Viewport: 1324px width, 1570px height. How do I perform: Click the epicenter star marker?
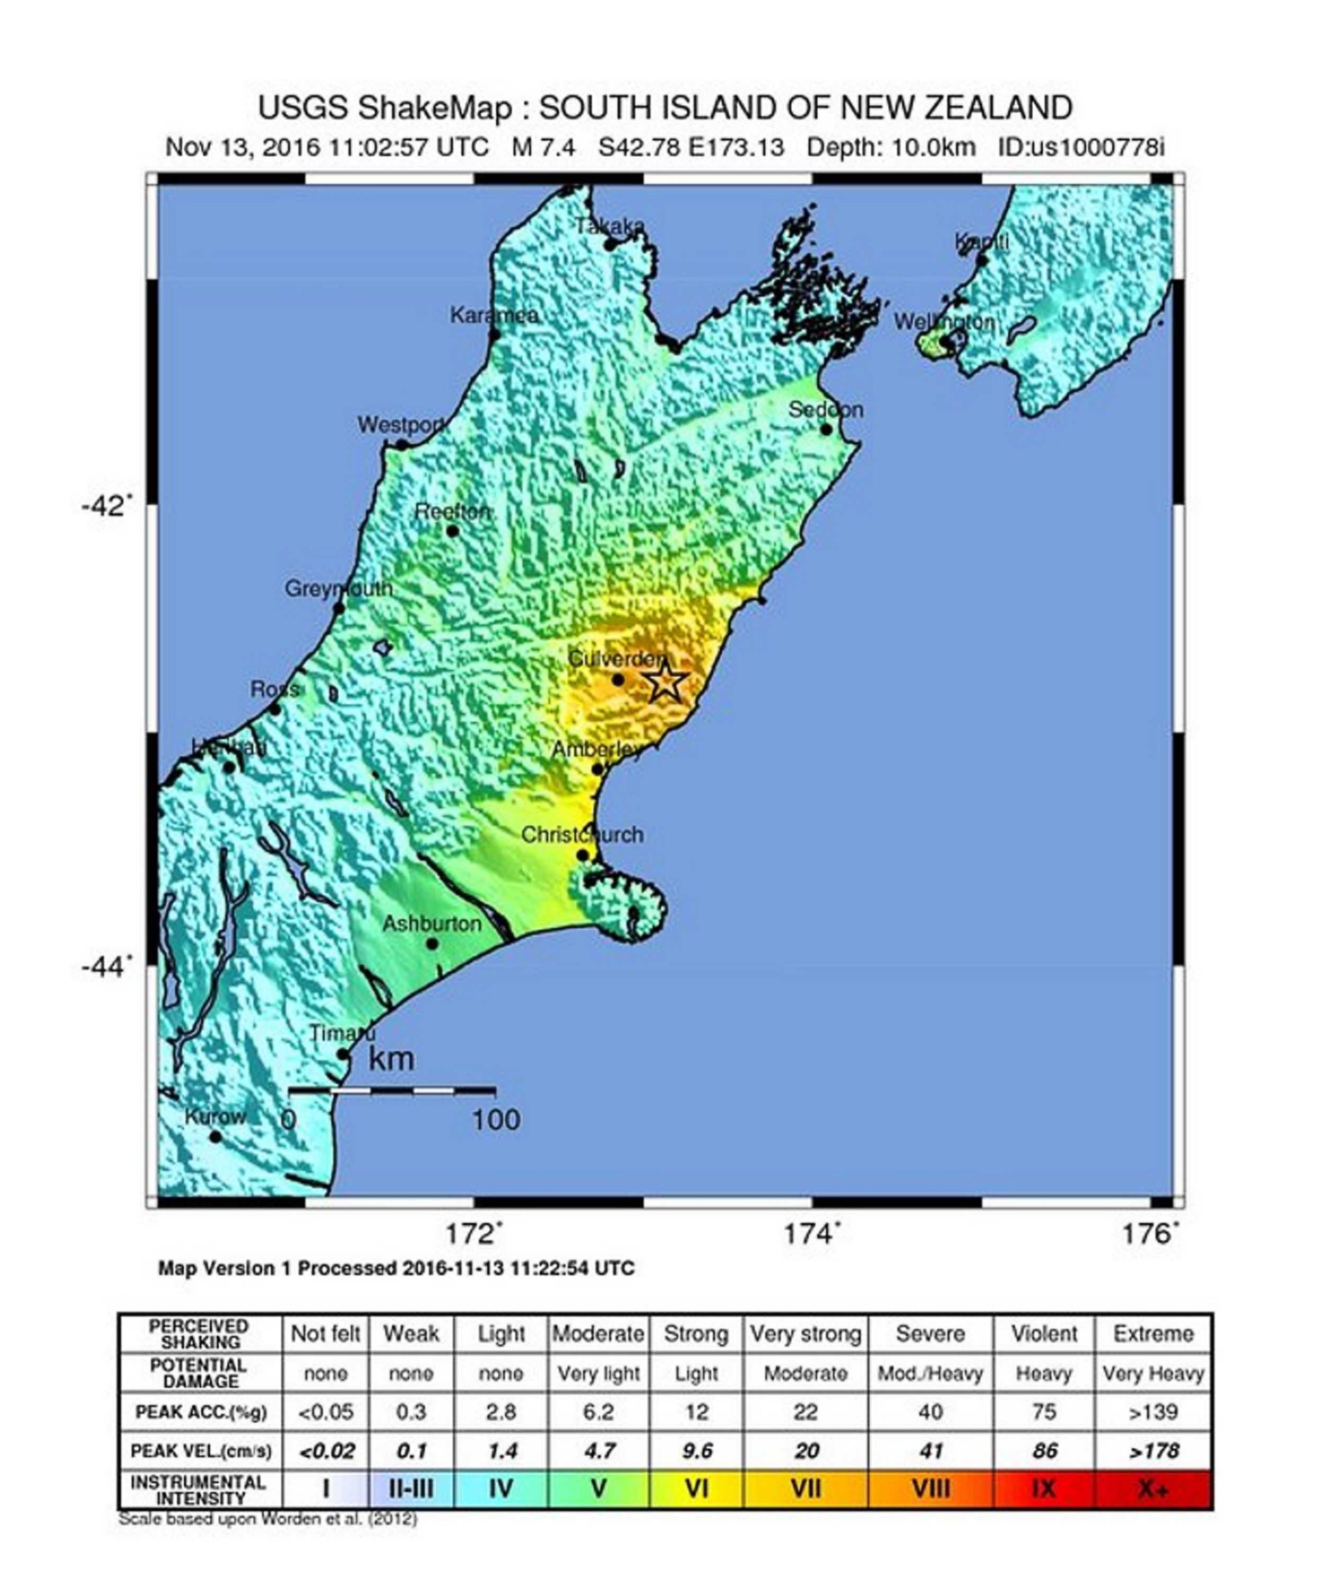pyautogui.click(x=666, y=681)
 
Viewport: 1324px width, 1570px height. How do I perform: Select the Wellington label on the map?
pyautogui.click(x=944, y=322)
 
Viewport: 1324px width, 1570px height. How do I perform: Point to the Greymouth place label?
pyautogui.click(x=338, y=588)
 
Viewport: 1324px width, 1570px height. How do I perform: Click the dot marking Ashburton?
pyautogui.click(x=432, y=944)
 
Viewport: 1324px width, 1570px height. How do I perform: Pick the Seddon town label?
pyautogui.click(x=826, y=410)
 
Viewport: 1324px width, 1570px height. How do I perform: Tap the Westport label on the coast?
pyautogui.click(x=401, y=425)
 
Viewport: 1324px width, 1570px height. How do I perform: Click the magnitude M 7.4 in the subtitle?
pyautogui.click(x=543, y=147)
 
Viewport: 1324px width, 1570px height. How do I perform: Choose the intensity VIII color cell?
pyautogui.click(x=930, y=1488)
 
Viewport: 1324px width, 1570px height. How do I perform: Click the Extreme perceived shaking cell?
pyautogui.click(x=1153, y=1334)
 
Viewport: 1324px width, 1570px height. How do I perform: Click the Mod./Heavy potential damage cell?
pyautogui.click(x=930, y=1374)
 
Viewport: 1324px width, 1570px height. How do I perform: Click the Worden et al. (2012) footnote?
pyautogui.click(x=267, y=1519)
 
